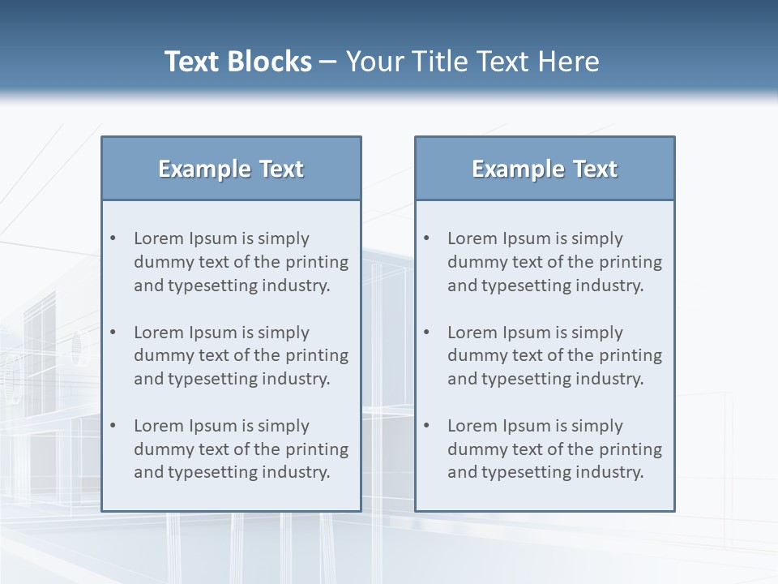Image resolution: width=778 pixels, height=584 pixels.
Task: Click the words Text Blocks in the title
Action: (x=238, y=62)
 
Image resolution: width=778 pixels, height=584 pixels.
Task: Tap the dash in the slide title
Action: (x=329, y=62)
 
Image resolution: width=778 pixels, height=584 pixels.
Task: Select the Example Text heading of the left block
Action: (x=231, y=169)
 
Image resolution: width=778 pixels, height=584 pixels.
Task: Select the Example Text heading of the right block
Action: (x=545, y=169)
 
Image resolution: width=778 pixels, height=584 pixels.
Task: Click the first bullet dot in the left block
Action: (x=113, y=238)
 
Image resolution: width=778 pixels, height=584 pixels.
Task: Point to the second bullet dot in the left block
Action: (x=113, y=333)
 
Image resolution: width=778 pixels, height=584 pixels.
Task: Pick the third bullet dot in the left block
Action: (x=113, y=426)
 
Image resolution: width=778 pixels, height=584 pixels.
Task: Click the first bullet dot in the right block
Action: (x=427, y=238)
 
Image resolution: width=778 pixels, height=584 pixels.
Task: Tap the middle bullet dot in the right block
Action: (x=427, y=333)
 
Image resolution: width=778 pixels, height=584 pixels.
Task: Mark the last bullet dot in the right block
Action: (x=427, y=426)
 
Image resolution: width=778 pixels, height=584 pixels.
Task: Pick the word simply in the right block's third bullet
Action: (x=597, y=427)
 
